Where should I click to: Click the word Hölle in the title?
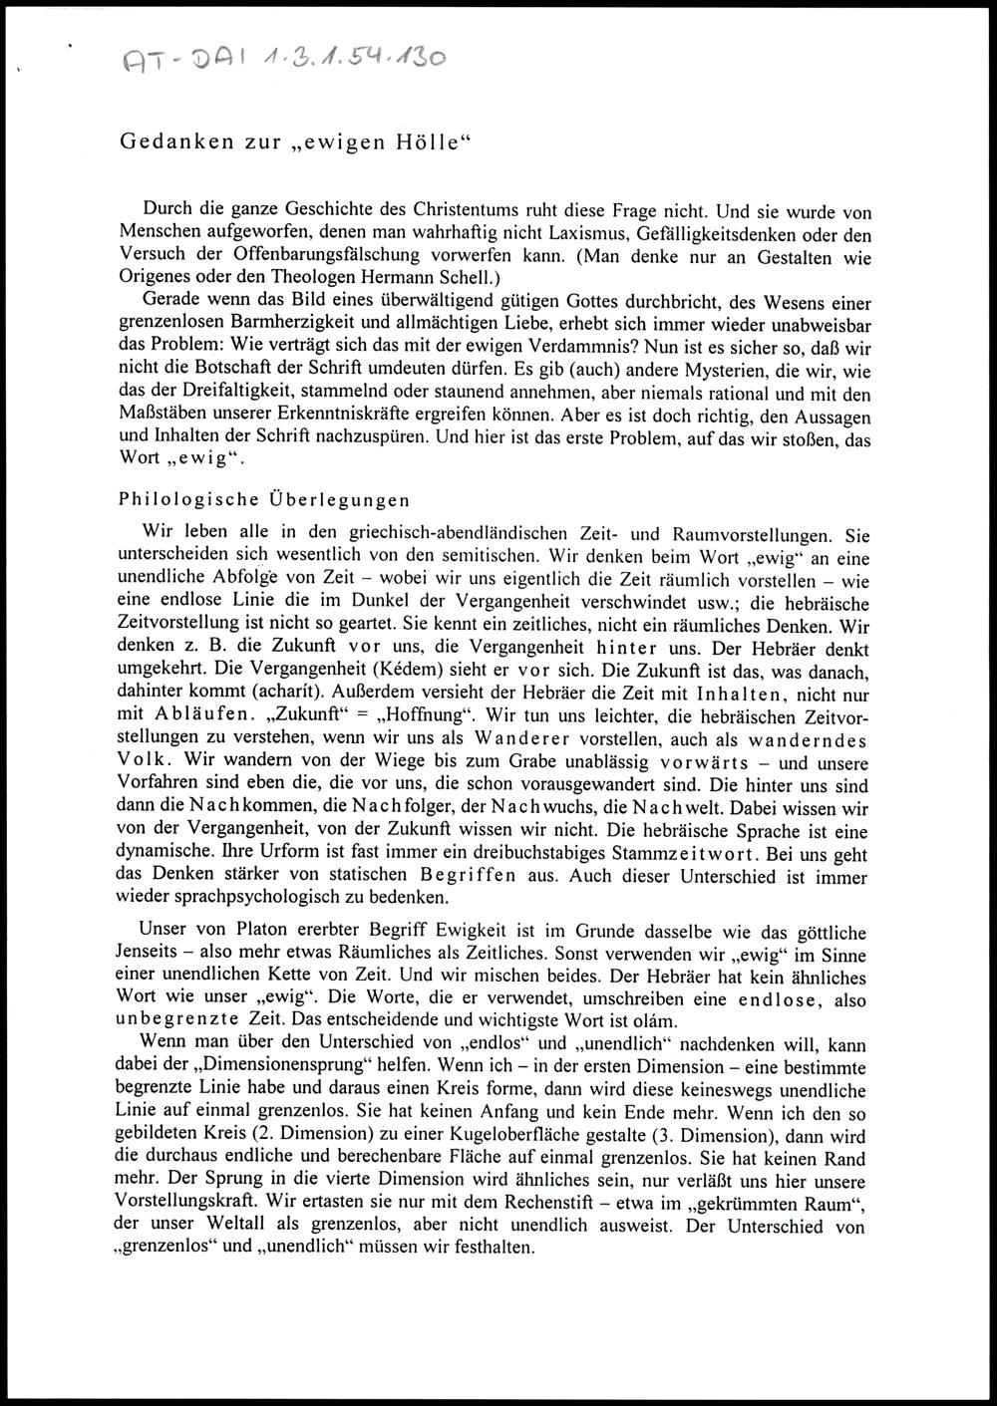point(426,141)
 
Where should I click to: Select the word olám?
point(653,1022)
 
